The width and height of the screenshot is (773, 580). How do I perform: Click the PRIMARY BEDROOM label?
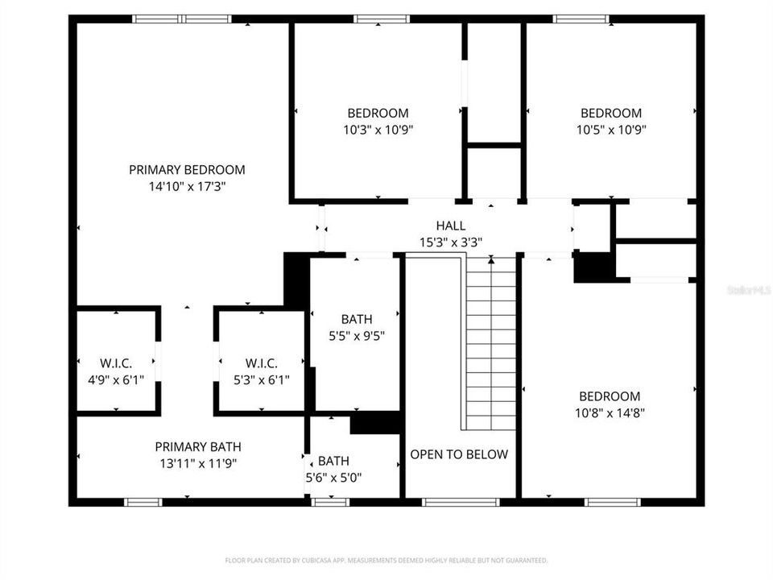click(x=187, y=170)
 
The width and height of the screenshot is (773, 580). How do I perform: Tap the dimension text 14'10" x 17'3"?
click(x=187, y=186)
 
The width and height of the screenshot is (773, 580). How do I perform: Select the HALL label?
click(x=450, y=226)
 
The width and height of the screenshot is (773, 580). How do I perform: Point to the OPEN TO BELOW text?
click(x=459, y=454)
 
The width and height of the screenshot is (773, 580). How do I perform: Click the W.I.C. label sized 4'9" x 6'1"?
click(x=116, y=363)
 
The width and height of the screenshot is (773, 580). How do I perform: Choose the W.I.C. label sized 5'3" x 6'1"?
click(x=260, y=363)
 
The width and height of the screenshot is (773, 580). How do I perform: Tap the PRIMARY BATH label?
click(x=197, y=447)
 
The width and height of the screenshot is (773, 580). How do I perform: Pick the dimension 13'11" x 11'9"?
click(x=197, y=463)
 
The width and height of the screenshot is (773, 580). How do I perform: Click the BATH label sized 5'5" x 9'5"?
click(x=357, y=320)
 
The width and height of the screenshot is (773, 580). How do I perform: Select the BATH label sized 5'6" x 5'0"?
click(x=333, y=461)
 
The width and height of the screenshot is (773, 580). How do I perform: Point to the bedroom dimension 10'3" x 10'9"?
click(x=378, y=129)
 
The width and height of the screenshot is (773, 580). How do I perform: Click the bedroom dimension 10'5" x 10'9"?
click(x=611, y=129)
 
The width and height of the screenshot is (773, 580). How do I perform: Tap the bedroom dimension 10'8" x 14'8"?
click(x=610, y=412)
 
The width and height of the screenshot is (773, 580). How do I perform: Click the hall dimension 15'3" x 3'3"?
click(x=450, y=242)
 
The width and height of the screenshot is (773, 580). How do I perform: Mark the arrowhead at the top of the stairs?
click(x=491, y=260)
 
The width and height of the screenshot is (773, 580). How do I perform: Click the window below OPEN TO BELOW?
click(x=461, y=502)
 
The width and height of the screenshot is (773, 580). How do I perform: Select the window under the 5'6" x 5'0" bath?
click(x=330, y=502)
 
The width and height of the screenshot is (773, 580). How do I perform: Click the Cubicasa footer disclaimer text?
click(x=386, y=560)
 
